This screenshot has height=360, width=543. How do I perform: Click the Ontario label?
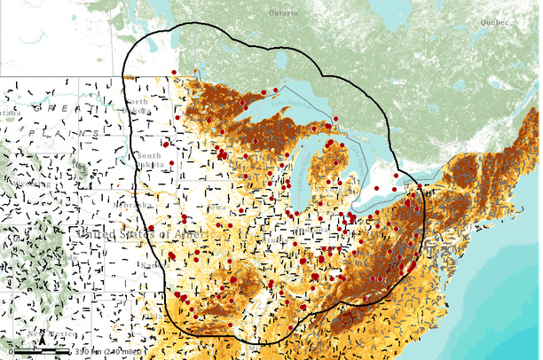click(x=284, y=12)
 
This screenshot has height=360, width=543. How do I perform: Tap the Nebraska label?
click(x=151, y=205)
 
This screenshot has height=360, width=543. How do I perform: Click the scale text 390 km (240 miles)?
click(x=103, y=353)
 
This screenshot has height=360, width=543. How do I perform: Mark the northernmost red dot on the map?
click(x=174, y=72)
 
